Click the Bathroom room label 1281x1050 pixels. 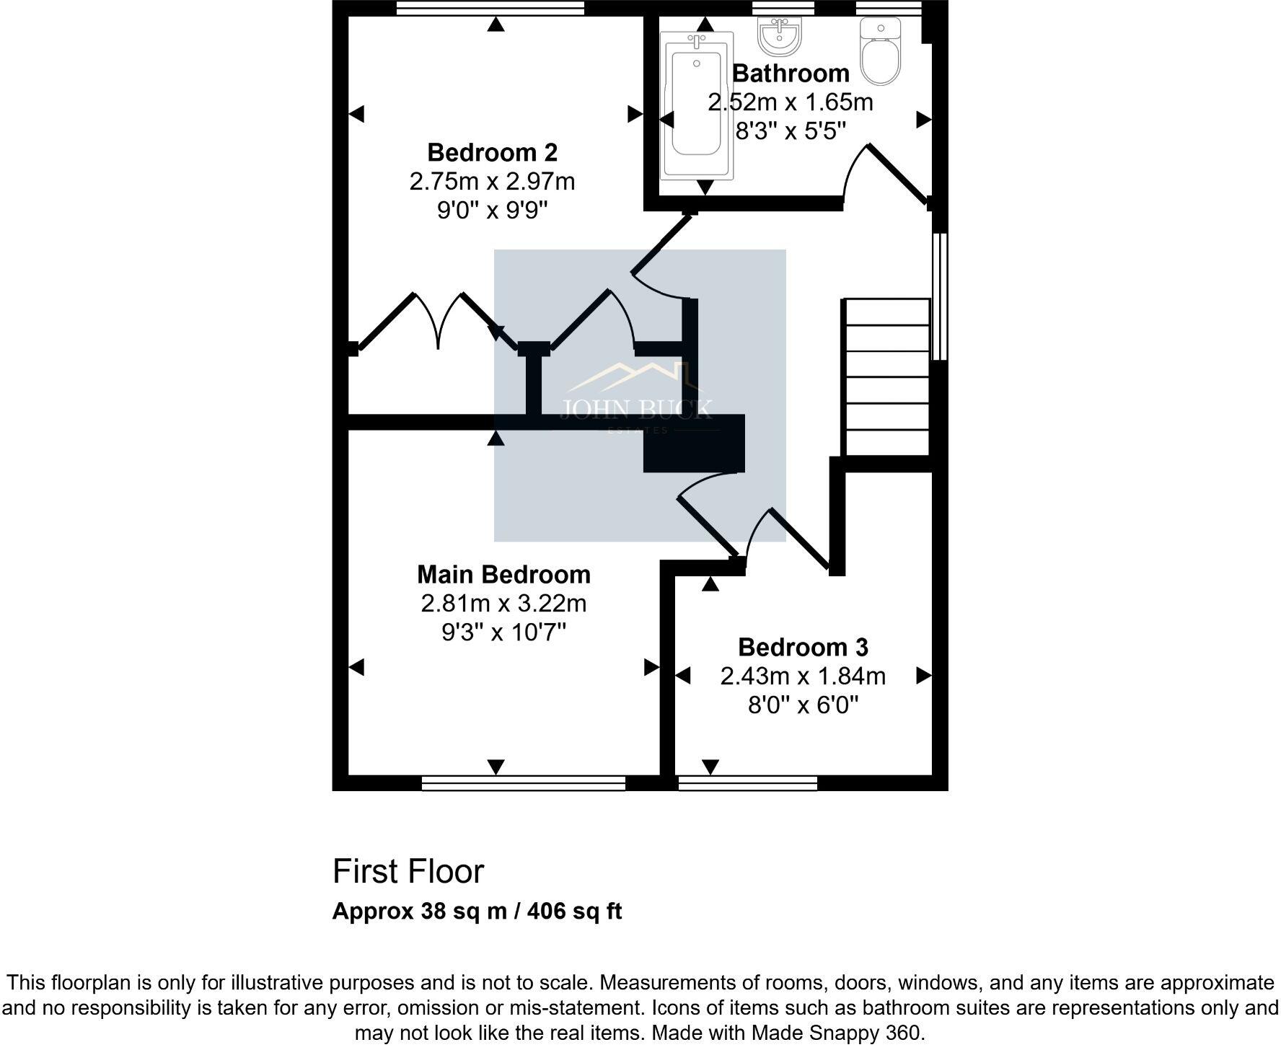point(791,74)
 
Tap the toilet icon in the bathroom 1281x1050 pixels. point(881,52)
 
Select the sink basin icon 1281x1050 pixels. point(779,36)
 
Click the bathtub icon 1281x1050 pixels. point(697,105)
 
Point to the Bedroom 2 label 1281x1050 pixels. point(492,153)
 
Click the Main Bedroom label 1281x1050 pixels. point(503,575)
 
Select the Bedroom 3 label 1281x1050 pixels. point(803,647)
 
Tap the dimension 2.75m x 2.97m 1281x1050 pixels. point(492,182)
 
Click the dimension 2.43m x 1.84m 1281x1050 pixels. point(803,676)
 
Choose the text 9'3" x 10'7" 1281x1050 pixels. point(503,632)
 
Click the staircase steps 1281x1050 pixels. point(886,376)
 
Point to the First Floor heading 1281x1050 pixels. point(408,872)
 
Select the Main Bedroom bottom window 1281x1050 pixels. point(523,783)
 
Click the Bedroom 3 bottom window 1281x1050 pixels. point(747,783)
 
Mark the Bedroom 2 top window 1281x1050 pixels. point(490,8)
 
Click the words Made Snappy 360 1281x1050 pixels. point(836,1033)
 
